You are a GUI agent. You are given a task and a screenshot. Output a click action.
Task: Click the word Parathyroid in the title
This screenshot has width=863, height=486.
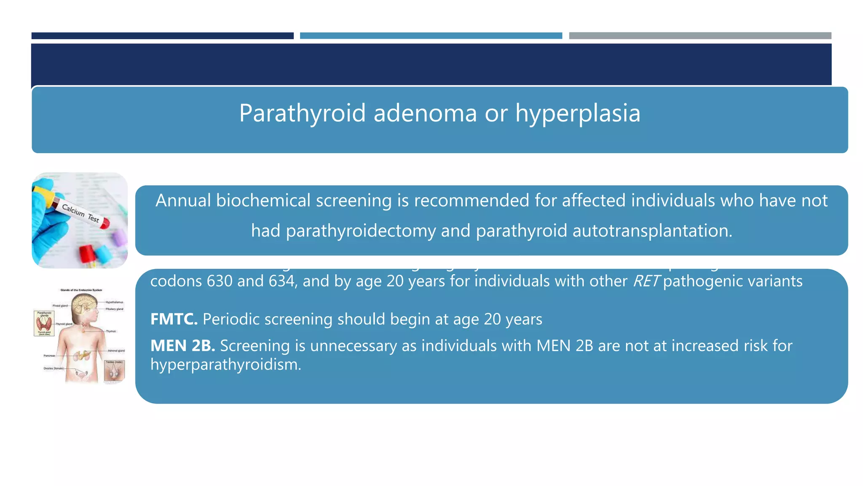click(x=302, y=113)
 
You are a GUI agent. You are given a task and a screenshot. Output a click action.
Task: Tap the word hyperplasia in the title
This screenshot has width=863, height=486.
click(x=578, y=113)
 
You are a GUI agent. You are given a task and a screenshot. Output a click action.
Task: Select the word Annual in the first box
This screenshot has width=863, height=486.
click(x=182, y=201)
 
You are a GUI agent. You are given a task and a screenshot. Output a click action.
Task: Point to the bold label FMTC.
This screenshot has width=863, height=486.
click(x=174, y=319)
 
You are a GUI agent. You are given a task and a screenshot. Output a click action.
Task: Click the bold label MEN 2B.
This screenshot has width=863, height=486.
click(x=182, y=346)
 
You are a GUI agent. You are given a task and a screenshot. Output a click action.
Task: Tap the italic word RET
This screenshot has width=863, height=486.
click(x=645, y=281)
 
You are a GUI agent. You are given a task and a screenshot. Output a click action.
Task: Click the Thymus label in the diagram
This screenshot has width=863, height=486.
click(x=111, y=331)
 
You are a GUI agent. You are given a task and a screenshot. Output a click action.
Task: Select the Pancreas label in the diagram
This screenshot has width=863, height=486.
click(x=49, y=356)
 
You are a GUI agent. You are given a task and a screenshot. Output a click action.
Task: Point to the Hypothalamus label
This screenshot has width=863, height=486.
click(x=114, y=302)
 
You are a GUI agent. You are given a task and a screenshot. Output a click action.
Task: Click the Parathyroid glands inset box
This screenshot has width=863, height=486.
click(x=44, y=323)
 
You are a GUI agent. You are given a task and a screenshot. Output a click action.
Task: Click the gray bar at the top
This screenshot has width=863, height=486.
click(x=700, y=36)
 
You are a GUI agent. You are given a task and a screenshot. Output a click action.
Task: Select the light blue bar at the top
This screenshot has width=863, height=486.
click(x=431, y=36)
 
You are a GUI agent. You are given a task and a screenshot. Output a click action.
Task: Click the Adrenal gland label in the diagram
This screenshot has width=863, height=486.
click(x=116, y=351)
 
